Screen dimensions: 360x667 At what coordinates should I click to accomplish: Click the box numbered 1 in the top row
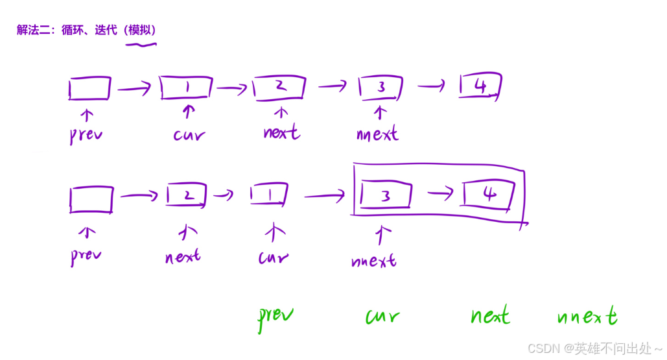pos(187,88)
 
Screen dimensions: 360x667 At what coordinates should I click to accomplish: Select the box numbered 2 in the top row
pos(280,86)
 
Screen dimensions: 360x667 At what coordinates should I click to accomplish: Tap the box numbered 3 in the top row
pos(381,87)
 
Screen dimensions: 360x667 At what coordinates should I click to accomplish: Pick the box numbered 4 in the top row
pos(480,86)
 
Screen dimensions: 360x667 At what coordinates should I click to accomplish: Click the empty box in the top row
pos(89,88)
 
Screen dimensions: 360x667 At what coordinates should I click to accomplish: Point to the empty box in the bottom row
pos(91,199)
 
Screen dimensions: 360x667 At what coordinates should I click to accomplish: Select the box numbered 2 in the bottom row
pos(187,195)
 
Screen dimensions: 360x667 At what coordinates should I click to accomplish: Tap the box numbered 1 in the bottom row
pos(269,194)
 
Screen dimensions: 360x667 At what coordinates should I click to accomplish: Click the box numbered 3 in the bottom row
pos(386,195)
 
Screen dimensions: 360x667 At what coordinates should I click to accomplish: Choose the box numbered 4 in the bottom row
pos(489,194)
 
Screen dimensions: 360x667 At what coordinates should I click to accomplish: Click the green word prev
pos(275,317)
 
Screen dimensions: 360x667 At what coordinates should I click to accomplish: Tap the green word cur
pos(382,317)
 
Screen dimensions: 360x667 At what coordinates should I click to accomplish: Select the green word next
pos(489,317)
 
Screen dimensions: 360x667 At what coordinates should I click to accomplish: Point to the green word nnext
pos(587,317)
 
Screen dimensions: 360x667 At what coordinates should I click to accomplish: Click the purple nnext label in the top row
pos(377,134)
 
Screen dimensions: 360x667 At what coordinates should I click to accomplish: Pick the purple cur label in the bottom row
pos(274,258)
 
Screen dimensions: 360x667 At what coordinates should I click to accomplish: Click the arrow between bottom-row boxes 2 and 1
pos(224,195)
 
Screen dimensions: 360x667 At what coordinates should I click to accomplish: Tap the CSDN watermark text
pos(594,348)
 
